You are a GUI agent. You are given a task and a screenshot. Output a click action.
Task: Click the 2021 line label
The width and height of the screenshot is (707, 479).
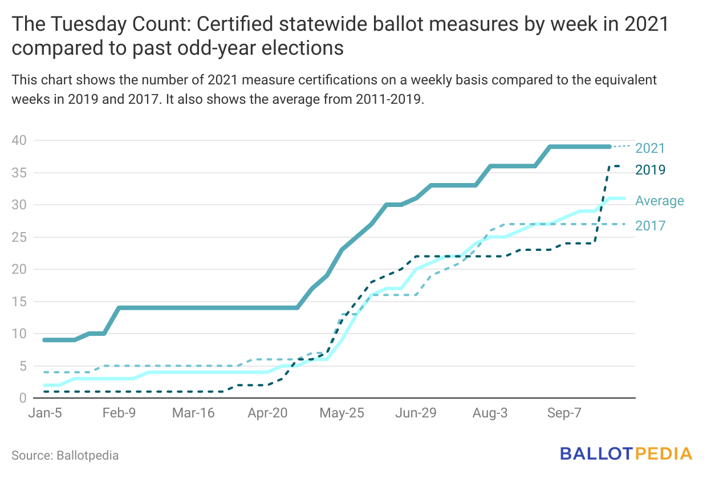click(650, 148)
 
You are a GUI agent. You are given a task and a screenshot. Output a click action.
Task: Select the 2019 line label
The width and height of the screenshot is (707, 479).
click(650, 169)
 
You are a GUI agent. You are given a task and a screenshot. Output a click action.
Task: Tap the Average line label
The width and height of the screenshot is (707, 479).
click(660, 201)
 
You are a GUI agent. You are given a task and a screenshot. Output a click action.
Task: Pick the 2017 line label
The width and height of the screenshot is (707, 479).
click(650, 226)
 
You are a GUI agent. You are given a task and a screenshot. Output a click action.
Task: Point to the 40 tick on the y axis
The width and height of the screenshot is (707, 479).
click(19, 140)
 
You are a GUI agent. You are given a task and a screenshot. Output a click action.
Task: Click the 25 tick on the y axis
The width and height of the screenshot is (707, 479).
click(19, 237)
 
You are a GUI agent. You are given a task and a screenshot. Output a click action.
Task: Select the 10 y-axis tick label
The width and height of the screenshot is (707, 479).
click(19, 334)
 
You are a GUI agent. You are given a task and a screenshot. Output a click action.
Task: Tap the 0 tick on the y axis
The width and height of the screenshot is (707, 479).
click(22, 398)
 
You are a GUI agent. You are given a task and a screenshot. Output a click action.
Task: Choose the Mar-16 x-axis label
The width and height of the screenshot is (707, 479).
click(193, 413)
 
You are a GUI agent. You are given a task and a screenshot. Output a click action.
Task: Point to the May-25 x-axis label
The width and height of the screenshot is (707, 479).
click(340, 413)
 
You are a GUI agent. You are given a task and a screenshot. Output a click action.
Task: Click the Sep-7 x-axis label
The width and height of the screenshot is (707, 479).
click(563, 413)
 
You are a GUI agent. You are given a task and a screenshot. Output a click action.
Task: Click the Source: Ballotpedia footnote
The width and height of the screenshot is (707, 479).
click(65, 456)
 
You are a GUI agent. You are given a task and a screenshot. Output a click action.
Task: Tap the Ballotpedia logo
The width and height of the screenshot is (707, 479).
click(625, 454)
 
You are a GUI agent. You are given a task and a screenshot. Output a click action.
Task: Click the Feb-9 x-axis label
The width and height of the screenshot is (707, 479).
click(119, 413)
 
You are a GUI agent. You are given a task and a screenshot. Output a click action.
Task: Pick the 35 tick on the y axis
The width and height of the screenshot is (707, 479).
click(19, 173)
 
